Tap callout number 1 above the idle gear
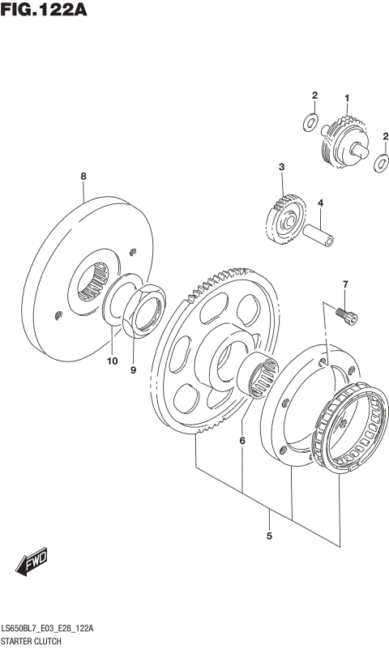[x=347, y=99]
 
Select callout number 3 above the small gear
[x=281, y=167]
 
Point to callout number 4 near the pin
[x=320, y=203]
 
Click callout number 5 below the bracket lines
[x=269, y=536]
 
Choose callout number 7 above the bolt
[x=344, y=284]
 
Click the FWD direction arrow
[x=33, y=561]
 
